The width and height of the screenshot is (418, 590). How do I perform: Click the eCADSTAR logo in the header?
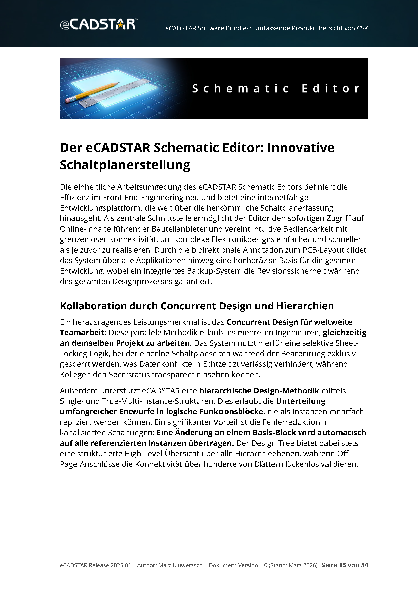point(99,24)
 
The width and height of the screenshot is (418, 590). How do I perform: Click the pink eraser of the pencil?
point(68,100)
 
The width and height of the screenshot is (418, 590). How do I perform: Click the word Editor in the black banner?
point(331,89)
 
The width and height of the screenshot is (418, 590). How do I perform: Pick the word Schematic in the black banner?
point(240,89)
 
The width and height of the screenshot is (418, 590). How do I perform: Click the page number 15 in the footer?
point(342,565)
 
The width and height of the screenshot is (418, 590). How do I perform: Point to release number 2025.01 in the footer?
point(121,565)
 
